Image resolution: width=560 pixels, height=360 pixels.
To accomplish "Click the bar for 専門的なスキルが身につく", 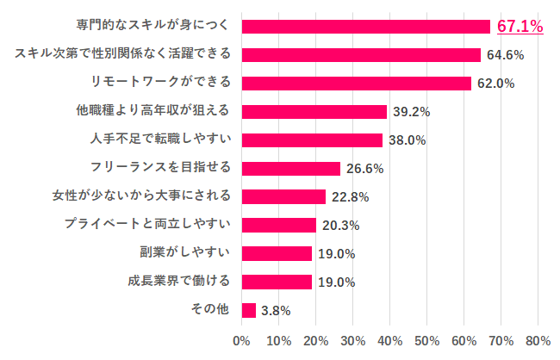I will pos(366,27).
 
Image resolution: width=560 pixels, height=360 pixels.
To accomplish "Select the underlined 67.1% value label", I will pos(520,27).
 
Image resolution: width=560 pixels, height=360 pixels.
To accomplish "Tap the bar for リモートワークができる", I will pos(357,84).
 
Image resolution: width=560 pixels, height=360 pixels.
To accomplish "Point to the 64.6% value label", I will pos(505,55).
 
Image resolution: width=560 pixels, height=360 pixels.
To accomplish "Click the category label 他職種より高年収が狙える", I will pos(154,111).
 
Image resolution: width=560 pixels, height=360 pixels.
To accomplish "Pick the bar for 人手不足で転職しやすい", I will pos(312,140).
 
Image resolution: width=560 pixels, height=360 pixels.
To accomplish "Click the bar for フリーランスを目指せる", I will pos(291,168).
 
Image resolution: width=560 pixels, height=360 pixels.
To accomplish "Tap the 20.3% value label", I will pos(340,225).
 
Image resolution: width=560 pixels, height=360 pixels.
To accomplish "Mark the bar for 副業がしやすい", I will pos(277,253).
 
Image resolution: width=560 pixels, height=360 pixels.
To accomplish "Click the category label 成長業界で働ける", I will pos(178,281).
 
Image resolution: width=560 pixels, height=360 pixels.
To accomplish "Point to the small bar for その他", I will pos(249,310).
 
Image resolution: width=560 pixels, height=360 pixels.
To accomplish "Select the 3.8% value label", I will pos(276,310).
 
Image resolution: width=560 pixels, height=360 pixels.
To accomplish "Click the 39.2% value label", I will pos(412,112).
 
